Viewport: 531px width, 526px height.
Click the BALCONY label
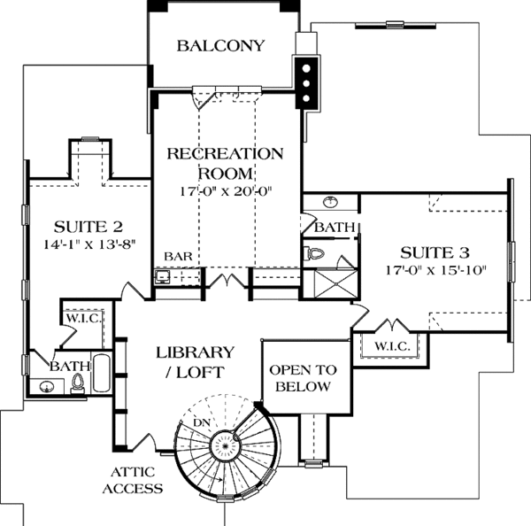click(220, 46)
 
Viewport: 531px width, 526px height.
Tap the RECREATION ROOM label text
click(226, 163)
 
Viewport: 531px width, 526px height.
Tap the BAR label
click(175, 257)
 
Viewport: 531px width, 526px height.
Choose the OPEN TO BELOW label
click(300, 378)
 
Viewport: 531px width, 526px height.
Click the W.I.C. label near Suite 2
click(82, 317)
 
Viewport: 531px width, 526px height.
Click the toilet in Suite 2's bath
click(78, 383)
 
